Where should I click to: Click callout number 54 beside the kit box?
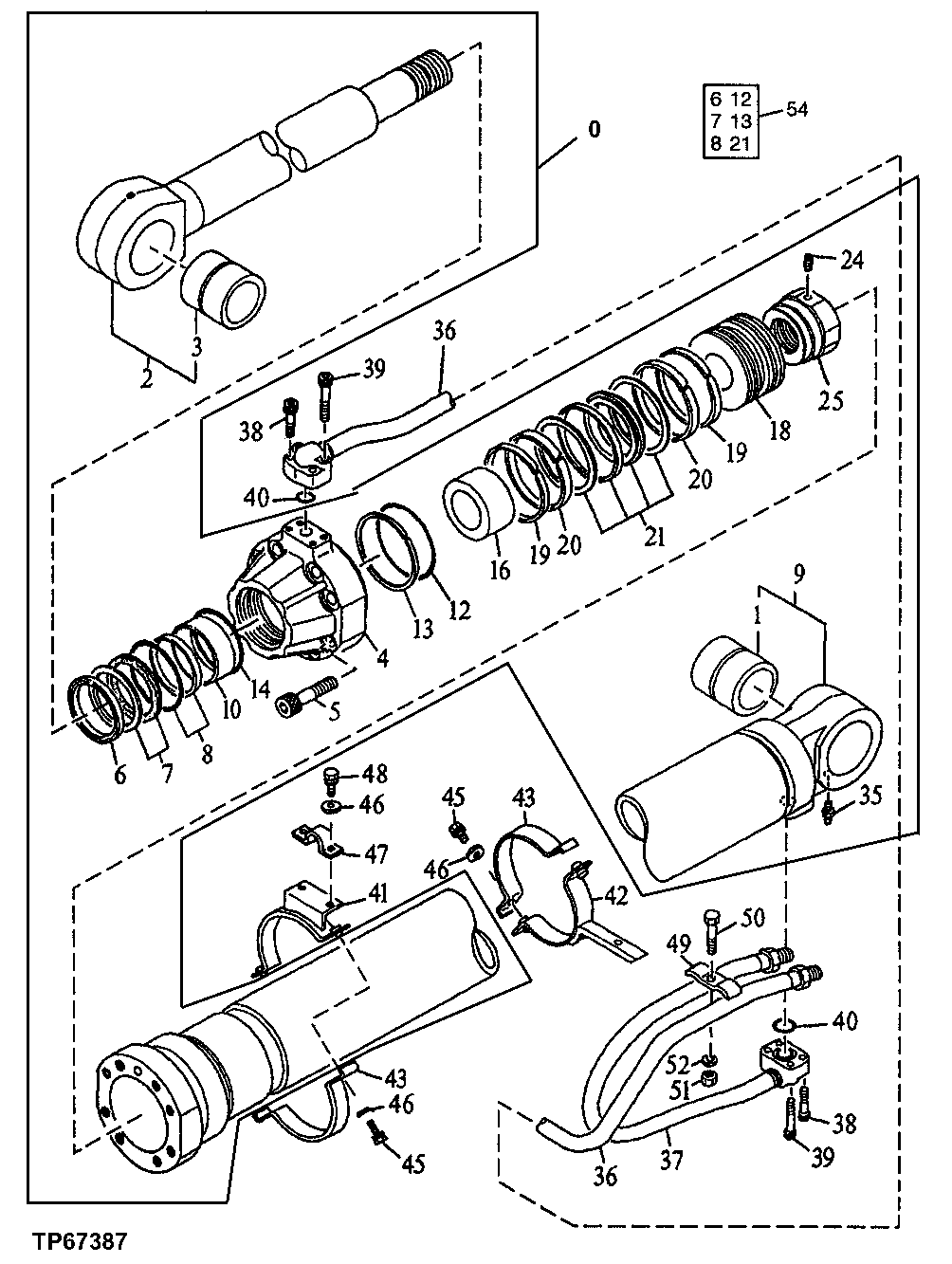796,111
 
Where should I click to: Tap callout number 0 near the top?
594,129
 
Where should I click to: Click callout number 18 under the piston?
778,431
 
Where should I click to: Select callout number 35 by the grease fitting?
870,795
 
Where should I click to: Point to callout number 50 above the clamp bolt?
752,919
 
